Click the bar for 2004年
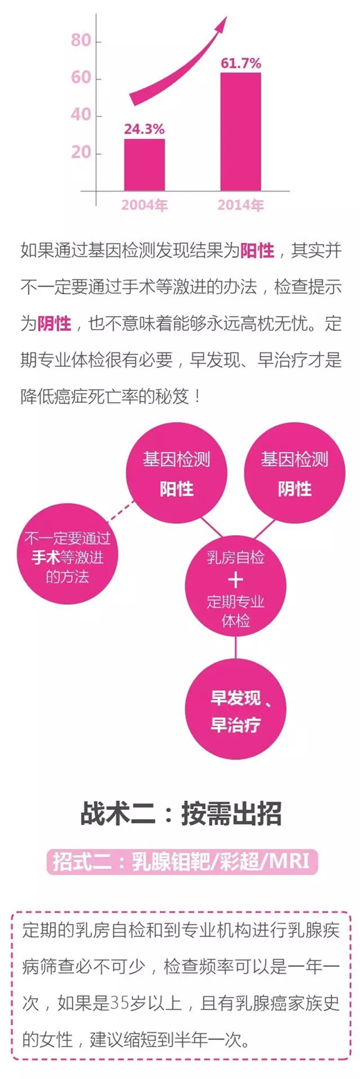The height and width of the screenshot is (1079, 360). pyautogui.click(x=145, y=165)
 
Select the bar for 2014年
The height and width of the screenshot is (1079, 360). pyautogui.click(x=240, y=132)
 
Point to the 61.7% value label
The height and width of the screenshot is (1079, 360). pyautogui.click(x=241, y=63)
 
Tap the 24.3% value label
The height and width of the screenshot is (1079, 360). pyautogui.click(x=144, y=129)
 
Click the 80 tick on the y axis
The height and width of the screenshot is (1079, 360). pyautogui.click(x=81, y=40)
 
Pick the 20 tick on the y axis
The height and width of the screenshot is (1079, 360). pyautogui.click(x=81, y=153)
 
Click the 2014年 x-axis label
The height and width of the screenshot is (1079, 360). pyautogui.click(x=240, y=205)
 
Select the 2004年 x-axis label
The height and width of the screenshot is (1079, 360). pyautogui.click(x=145, y=205)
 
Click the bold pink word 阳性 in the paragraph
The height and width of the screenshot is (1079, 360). pyautogui.click(x=257, y=251)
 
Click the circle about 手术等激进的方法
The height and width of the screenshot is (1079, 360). pyautogui.click(x=67, y=557)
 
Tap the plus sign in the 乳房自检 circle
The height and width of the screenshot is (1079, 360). pyautogui.click(x=235, y=580)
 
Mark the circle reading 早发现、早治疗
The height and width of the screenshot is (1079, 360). pyautogui.click(x=235, y=711)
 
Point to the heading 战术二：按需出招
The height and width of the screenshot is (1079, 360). pyautogui.click(x=181, y=814)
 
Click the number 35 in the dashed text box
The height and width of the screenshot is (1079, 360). pyautogui.click(x=118, y=1004)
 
